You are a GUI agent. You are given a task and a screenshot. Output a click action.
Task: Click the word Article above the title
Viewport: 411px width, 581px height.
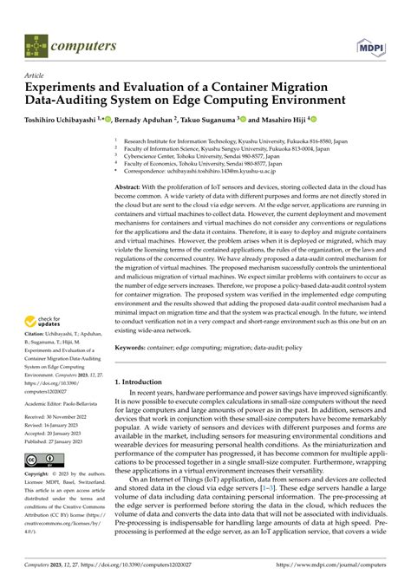coord(37,75)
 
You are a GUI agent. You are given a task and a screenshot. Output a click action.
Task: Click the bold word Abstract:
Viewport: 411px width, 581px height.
coord(129,187)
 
